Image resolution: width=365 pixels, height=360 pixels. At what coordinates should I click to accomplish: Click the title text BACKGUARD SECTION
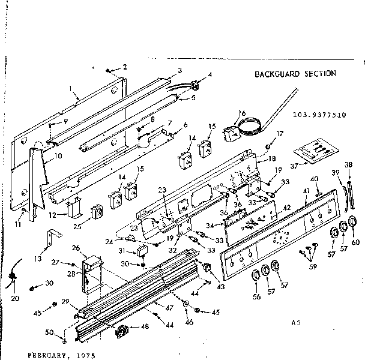coord(295,74)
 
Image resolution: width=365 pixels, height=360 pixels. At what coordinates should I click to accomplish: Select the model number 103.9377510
coord(319,113)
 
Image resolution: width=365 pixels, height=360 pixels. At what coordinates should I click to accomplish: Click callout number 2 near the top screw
coord(124,67)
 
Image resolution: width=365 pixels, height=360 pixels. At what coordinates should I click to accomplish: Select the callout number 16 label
coord(242,113)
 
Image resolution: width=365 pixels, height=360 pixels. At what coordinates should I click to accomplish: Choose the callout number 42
coord(287,208)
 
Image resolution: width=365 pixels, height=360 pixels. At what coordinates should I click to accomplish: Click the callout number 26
coord(76,247)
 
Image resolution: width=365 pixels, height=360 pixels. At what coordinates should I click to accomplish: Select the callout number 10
coord(59,156)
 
